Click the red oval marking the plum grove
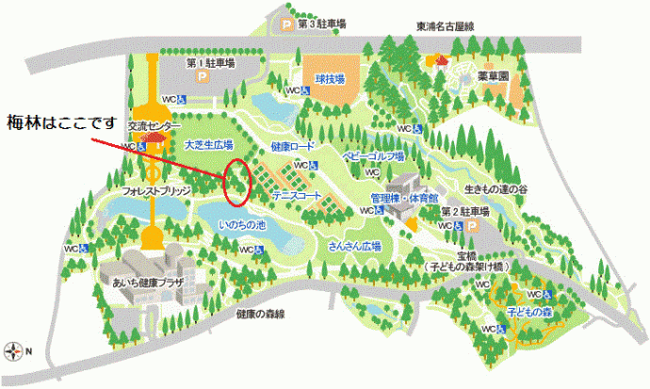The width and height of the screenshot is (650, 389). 238,183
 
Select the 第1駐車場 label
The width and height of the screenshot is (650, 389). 210,64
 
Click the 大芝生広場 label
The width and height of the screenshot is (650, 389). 208,146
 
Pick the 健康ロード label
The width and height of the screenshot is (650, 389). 292,147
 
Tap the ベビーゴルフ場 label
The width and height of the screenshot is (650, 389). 373,156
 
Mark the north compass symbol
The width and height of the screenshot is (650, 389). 14,351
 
